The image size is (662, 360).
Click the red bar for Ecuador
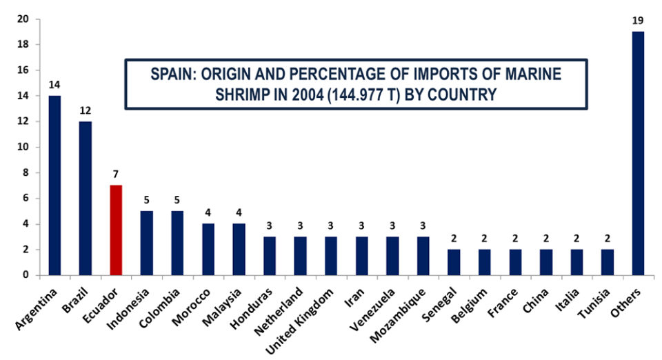pyautogui.click(x=116, y=230)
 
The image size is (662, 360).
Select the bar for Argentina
pyautogui.click(x=54, y=186)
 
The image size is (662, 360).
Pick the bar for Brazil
pyautogui.click(x=85, y=199)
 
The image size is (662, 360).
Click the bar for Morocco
pyautogui.click(x=208, y=250)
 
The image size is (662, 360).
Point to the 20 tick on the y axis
pyautogui.click(x=23, y=19)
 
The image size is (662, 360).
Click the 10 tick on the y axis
pyautogui.click(x=23, y=147)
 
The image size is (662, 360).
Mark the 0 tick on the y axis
pyautogui.click(x=26, y=275)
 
